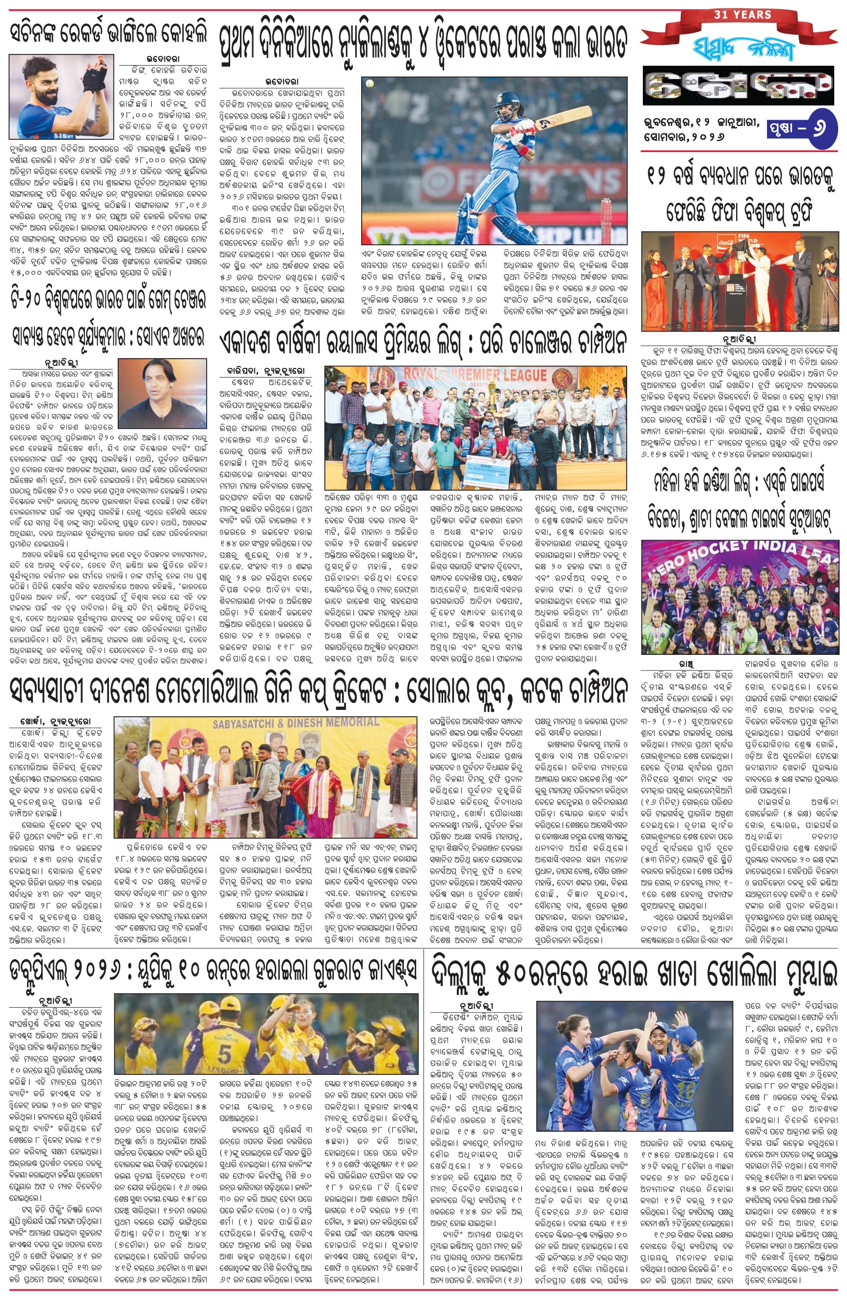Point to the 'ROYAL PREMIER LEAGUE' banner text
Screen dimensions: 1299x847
(475, 375)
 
